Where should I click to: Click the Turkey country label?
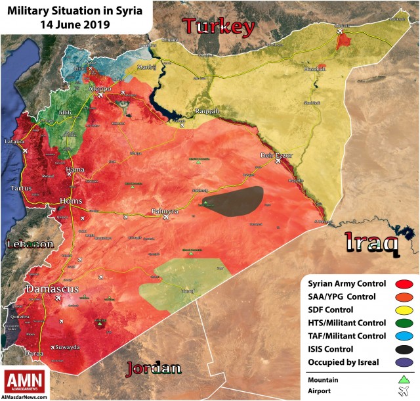pos(218,27)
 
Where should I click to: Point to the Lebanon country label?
pos(30,245)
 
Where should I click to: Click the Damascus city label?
pos(52,289)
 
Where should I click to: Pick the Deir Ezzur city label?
pos(275,156)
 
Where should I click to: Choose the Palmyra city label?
pos(164,210)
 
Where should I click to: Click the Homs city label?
pos(72,200)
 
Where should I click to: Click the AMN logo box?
pos(25,381)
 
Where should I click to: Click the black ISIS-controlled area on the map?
pos(233,200)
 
